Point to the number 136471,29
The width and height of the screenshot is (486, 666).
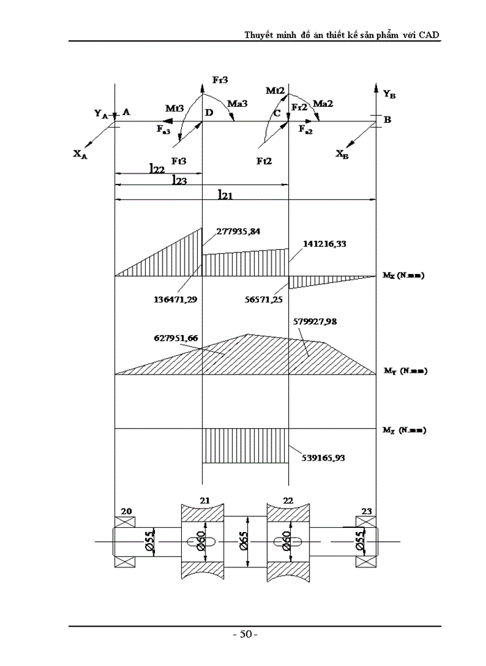(x=174, y=300)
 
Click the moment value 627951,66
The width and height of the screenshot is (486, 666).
(x=176, y=338)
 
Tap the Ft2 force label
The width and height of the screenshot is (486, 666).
(x=265, y=160)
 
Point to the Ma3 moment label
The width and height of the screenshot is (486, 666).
(x=237, y=103)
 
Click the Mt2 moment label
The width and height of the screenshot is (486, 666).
(x=276, y=90)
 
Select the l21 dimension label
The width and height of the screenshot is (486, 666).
(x=224, y=196)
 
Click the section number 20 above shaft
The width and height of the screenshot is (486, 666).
(x=126, y=511)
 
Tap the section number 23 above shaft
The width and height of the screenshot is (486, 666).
(x=365, y=511)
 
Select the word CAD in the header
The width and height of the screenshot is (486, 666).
(x=429, y=35)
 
